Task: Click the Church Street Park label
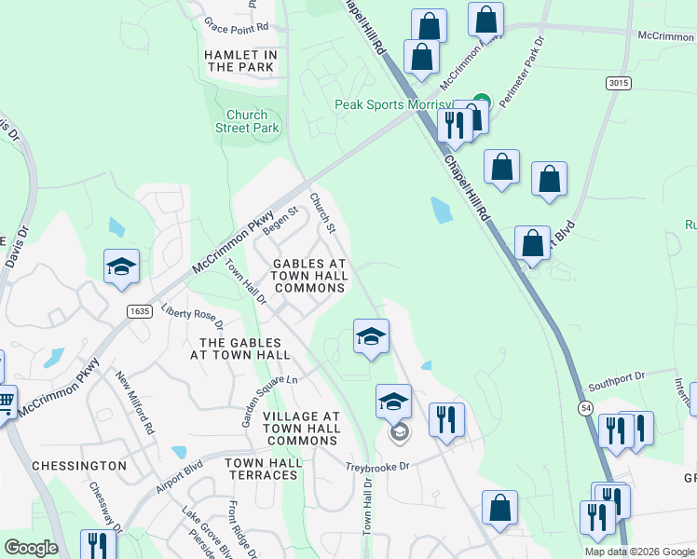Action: click(247, 121)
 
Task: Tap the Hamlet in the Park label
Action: click(240, 61)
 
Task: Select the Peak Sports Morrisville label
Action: click(403, 104)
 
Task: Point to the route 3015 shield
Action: click(620, 83)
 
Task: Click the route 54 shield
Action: click(585, 409)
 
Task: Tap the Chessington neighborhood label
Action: click(79, 465)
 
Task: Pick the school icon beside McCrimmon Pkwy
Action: click(121, 266)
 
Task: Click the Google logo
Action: click(31, 548)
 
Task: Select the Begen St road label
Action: click(279, 221)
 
